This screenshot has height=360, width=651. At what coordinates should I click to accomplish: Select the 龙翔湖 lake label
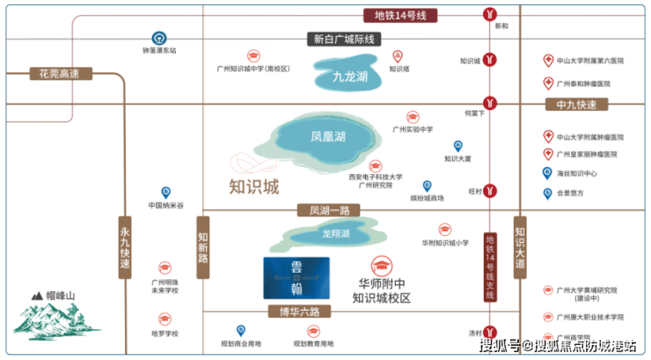coord(335,234)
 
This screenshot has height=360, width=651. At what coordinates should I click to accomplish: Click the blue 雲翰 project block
coord(296,278)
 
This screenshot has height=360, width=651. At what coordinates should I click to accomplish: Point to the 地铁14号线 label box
coord(400,15)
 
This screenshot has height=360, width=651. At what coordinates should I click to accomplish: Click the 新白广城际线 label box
coord(345,39)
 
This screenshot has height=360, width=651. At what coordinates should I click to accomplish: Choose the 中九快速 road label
coord(576,105)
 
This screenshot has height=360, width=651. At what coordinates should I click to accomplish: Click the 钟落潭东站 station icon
coord(159,38)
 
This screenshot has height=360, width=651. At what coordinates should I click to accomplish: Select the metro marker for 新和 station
coord(490,14)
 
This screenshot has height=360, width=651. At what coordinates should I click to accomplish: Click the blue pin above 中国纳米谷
coord(165,193)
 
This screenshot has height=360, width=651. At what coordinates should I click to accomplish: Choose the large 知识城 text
coord(253,187)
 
